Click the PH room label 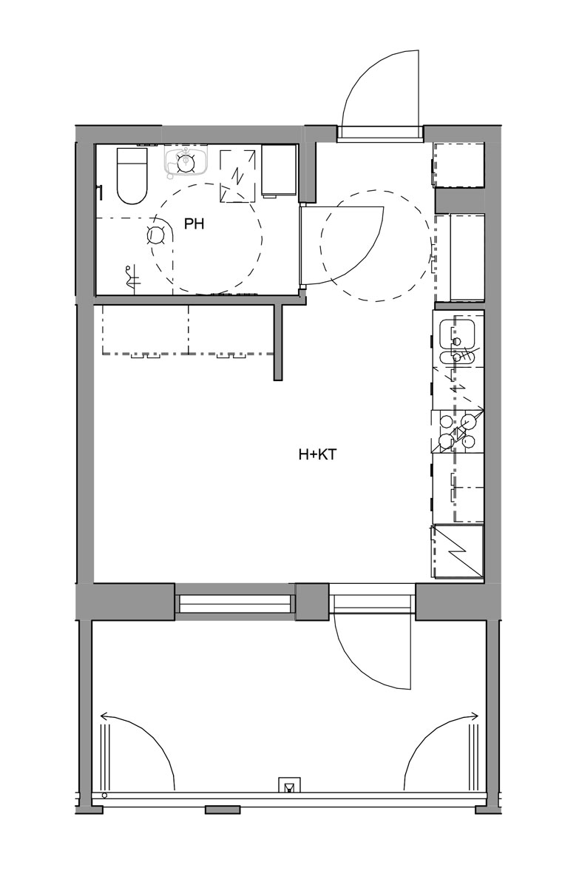coord(194,224)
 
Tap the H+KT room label coord(317,454)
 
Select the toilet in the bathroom coord(132,176)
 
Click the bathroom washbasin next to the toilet coord(185,161)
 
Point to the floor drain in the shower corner coord(155,235)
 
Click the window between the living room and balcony coord(236,603)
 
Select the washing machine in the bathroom coord(280,171)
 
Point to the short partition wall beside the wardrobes coord(279,342)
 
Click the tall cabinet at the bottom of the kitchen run coord(458,551)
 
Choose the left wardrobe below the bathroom coord(146,330)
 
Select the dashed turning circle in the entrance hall coord(376,246)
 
